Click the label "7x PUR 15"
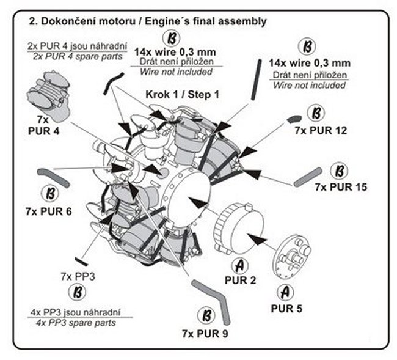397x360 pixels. pos(341,187)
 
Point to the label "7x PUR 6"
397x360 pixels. pos(49,211)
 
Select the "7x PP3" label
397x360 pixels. pos(78,276)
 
